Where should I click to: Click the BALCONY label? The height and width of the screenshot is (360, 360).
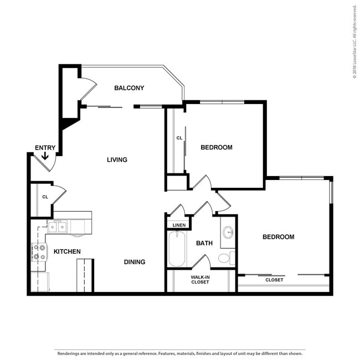click(129, 88)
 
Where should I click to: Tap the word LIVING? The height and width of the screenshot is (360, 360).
click(117, 160)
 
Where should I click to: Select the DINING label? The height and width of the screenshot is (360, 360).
click(135, 262)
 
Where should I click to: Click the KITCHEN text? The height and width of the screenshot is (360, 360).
click(67, 251)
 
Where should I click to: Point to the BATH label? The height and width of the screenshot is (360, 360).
click(204, 243)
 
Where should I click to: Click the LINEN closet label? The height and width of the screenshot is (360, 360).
click(179, 225)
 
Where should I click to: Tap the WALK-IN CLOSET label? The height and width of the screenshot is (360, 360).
click(200, 280)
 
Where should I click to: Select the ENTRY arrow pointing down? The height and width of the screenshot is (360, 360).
click(45, 156)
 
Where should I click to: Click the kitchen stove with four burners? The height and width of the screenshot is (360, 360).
click(39, 252)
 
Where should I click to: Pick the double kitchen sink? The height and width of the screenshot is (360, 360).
click(58, 227)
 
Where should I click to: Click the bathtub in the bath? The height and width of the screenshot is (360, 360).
click(177, 249)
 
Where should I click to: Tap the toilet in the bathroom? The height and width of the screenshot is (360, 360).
click(227, 258)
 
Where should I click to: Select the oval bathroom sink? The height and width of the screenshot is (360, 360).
click(228, 233)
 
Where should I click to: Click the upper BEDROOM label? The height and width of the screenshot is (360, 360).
click(217, 147)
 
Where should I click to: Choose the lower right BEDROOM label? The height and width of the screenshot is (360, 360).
click(279, 237)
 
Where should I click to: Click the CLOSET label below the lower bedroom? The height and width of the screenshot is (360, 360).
click(274, 280)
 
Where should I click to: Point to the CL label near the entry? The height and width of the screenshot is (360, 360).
click(45, 197)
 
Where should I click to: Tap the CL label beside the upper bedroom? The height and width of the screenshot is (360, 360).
click(179, 138)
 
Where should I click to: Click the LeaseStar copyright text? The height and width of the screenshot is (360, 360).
click(354, 42)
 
